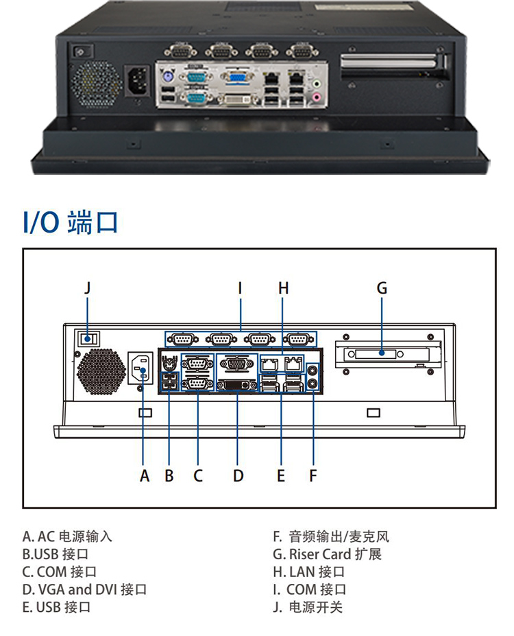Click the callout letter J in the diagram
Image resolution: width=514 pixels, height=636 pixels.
87,289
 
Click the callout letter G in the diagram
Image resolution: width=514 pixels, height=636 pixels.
382,289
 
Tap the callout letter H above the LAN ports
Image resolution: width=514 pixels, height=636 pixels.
283,289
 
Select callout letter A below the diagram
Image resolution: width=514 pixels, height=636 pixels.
144,475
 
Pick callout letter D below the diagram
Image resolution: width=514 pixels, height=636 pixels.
238,475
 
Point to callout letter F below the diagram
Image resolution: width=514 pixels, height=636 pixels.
313,475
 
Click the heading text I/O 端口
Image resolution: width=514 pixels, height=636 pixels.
71,222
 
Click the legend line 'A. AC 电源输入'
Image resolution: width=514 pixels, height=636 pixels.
67,537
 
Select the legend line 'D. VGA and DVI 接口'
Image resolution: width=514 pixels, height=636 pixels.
84,589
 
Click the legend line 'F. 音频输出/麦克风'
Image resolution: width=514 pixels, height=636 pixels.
331,537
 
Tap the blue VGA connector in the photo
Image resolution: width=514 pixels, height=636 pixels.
237,77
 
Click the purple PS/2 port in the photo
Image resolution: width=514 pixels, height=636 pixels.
167,78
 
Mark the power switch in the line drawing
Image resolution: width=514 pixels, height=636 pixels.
87,338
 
